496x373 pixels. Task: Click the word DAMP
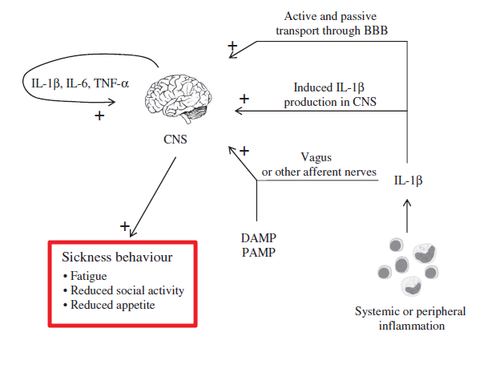pyautogui.click(x=256, y=237)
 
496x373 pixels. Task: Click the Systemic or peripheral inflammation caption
pyautogui.click(x=409, y=318)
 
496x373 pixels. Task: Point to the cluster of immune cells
pyautogui.click(x=409, y=264)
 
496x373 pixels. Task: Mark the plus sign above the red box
pyautogui.click(x=125, y=227)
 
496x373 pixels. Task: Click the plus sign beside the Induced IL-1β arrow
pyautogui.click(x=244, y=99)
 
